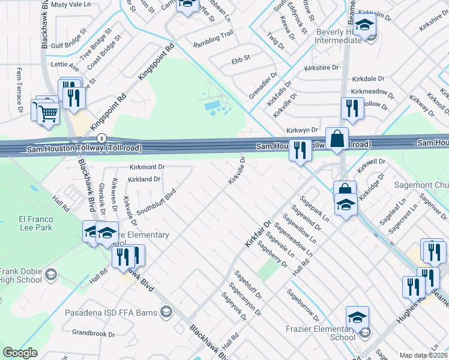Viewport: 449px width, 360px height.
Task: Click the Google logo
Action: (x=20, y=352)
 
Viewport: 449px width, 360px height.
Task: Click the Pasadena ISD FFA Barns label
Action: (x=123, y=311)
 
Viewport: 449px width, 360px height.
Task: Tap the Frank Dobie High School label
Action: (x=20, y=276)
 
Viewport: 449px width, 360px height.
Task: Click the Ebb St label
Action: (x=240, y=61)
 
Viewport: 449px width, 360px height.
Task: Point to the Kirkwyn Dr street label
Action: (x=301, y=130)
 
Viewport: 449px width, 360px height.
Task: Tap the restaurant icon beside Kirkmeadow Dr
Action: (x=349, y=108)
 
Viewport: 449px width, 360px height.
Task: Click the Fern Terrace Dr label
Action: (x=20, y=90)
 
